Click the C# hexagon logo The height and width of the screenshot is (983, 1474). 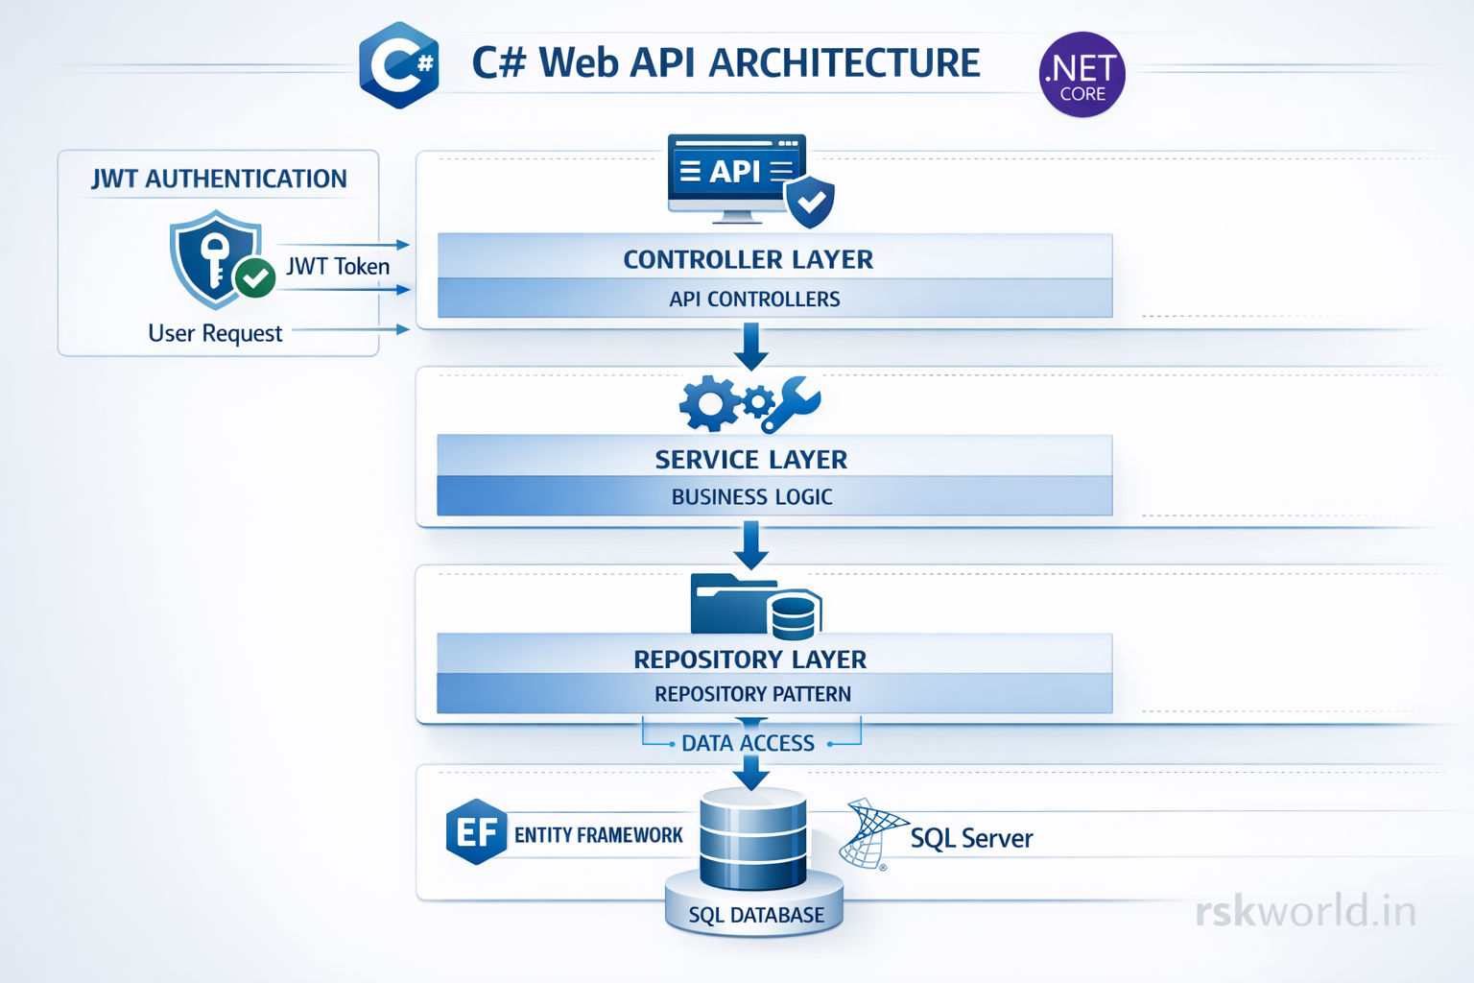(399, 65)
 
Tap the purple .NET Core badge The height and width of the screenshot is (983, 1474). (1082, 75)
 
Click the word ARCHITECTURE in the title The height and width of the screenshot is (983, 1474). (844, 63)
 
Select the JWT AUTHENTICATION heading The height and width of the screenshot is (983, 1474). (219, 179)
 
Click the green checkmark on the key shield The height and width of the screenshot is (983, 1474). (255, 278)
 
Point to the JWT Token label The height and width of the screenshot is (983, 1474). (338, 267)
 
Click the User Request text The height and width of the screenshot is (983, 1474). (215, 333)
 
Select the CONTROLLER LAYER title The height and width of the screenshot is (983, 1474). (749, 259)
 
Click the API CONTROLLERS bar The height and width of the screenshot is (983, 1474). (754, 300)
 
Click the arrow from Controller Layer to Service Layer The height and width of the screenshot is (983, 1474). (750, 347)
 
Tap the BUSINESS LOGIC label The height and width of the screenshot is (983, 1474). (751, 497)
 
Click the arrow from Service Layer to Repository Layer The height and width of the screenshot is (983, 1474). (750, 545)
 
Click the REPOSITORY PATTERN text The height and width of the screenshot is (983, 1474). (752, 694)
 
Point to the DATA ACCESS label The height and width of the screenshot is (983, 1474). (748, 743)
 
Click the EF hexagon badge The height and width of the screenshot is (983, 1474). (476, 831)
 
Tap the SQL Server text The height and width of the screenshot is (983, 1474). (971, 838)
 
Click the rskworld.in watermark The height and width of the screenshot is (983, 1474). (1305, 911)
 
